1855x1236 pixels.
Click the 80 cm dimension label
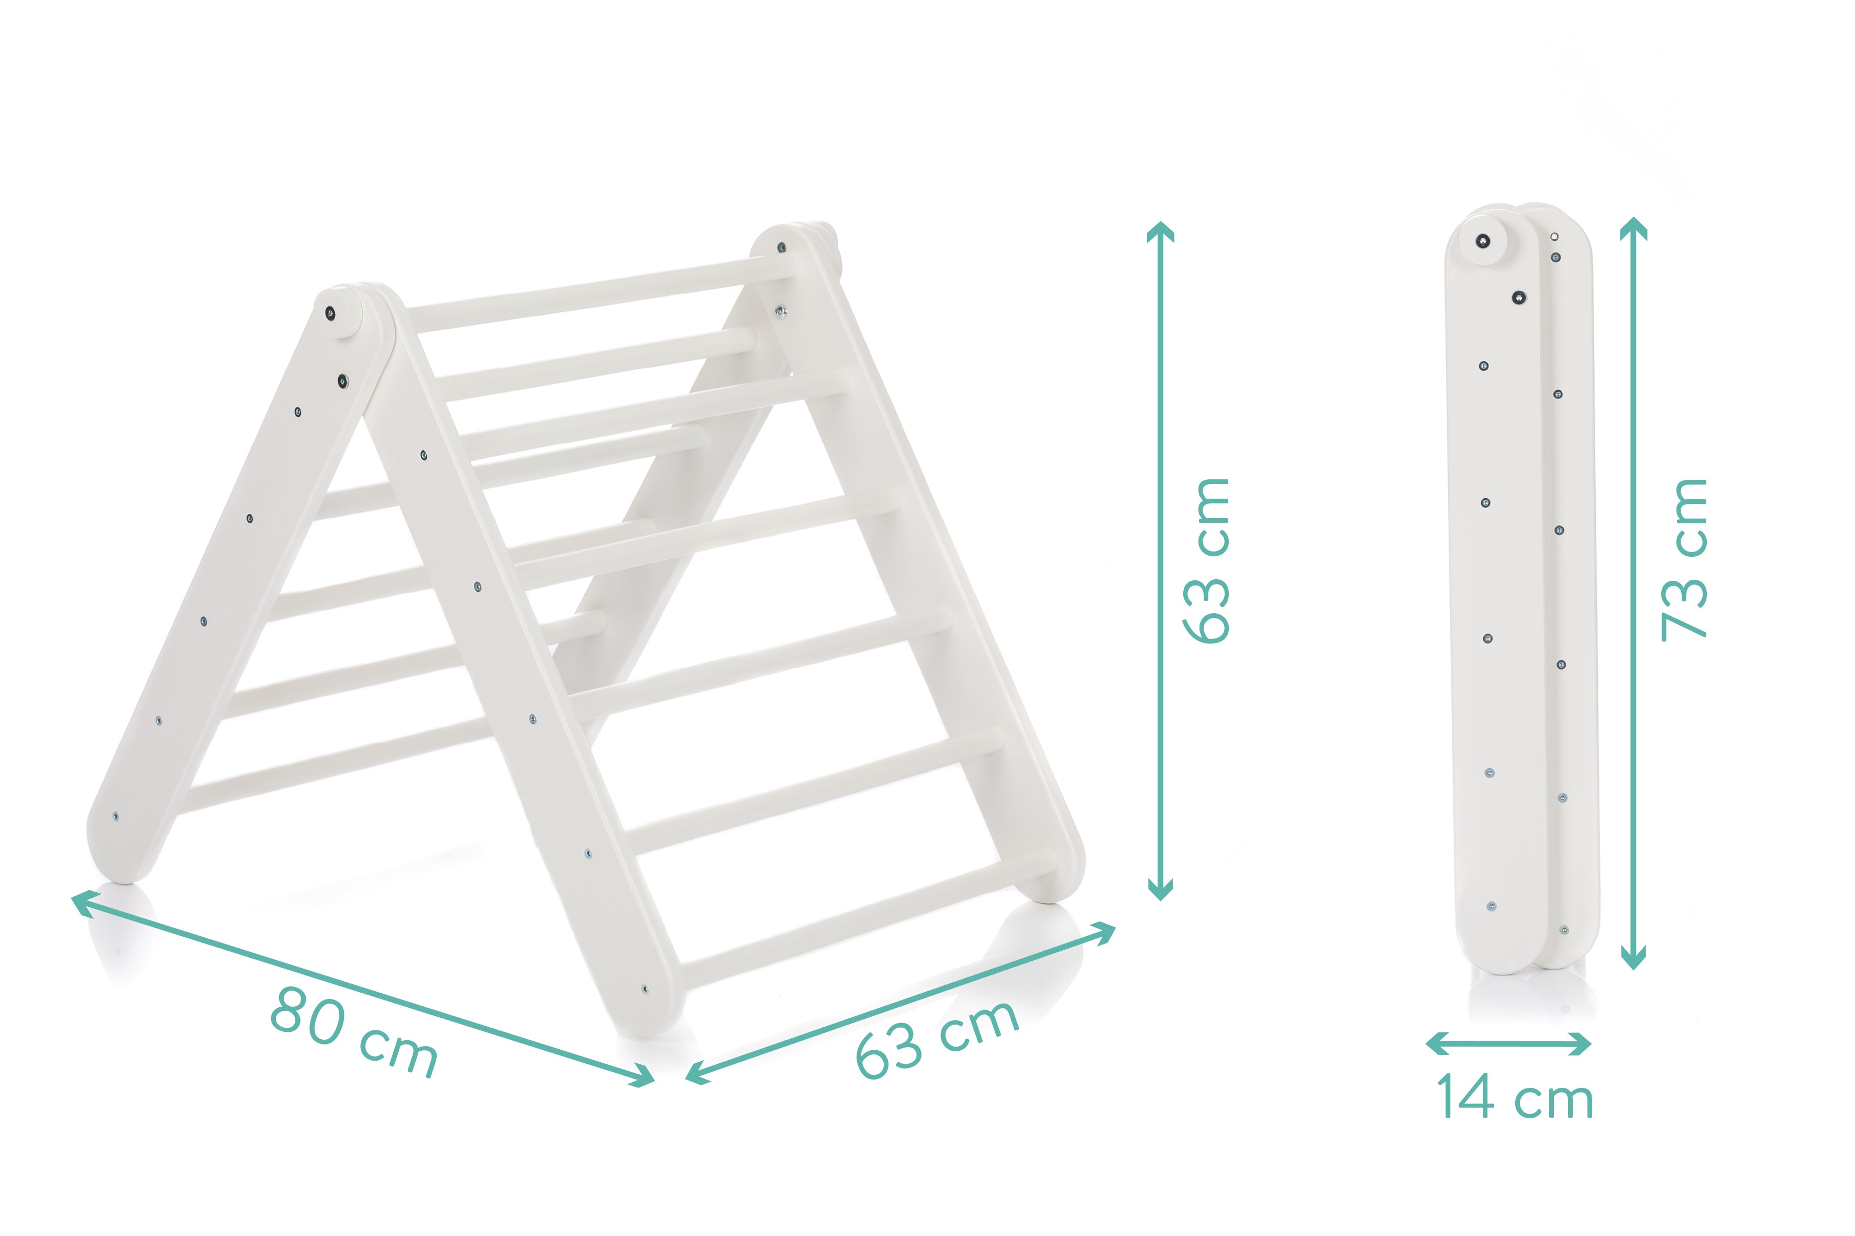coord(353,1031)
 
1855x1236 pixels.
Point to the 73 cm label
coord(1683,560)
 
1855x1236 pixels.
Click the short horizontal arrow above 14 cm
coord(1508,1043)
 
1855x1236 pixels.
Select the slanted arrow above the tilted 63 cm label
coord(901,1003)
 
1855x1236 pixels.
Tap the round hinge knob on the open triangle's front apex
coord(338,313)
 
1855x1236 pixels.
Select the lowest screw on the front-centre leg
coord(645,988)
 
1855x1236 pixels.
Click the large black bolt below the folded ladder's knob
coord(1518,297)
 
